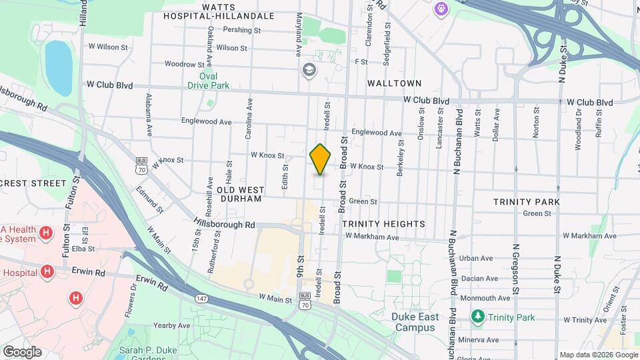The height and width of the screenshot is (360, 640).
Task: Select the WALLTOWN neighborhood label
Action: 394,83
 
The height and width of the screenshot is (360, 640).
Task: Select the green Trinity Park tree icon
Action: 477,317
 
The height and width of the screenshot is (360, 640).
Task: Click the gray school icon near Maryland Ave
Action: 309,69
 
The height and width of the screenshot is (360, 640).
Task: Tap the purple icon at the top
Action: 441,9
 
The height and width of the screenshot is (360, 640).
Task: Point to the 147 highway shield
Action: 201,298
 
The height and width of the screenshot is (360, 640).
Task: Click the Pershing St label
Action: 241,30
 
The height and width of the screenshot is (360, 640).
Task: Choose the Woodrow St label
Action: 179,65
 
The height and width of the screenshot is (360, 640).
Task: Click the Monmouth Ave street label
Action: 485,298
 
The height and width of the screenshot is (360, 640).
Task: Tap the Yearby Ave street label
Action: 171,325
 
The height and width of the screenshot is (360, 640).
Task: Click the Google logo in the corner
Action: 22,352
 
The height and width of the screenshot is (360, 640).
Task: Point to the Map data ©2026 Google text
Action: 599,355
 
